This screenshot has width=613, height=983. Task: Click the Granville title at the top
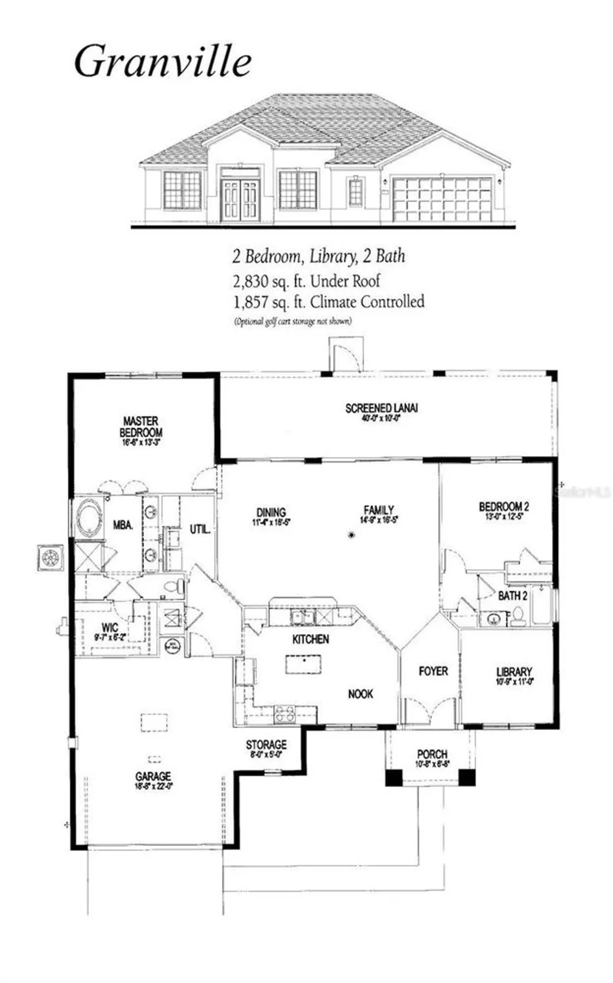coord(162,62)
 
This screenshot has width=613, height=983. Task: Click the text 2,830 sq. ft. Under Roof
coord(306,281)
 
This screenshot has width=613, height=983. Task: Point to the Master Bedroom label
coord(141,427)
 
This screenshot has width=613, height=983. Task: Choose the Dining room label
coord(270,512)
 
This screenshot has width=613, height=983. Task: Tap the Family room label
coord(379,510)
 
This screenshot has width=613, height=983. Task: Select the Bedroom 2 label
coord(504,507)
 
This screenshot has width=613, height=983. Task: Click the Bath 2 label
coord(512,596)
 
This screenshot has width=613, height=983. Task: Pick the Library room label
coord(513,672)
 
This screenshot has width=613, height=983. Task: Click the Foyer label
coord(433,671)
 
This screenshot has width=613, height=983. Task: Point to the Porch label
coord(432,754)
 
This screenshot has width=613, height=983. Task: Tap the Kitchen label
coord(310,639)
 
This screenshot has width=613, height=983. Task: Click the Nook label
coord(360,693)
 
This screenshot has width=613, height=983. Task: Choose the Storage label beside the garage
coord(266,744)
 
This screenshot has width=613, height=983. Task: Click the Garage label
coord(153,776)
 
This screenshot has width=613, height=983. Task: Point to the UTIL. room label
coord(200,529)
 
